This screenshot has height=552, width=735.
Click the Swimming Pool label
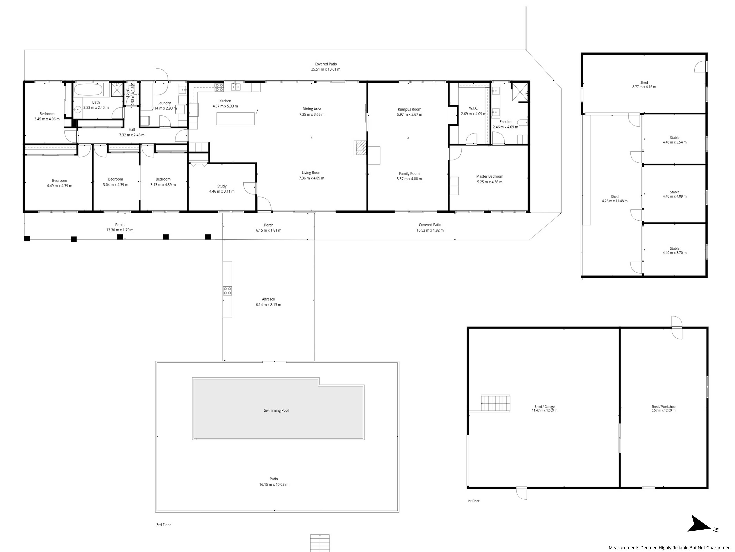click(276, 411)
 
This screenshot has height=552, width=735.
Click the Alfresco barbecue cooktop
click(227, 291)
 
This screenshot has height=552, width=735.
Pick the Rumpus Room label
click(409, 109)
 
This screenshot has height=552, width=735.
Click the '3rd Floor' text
click(164, 525)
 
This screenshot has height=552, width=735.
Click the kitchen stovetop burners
click(219, 87)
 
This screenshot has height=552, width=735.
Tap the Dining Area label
click(312, 109)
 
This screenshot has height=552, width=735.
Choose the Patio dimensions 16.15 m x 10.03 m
click(274, 484)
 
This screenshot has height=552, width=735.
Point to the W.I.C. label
click(474, 108)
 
